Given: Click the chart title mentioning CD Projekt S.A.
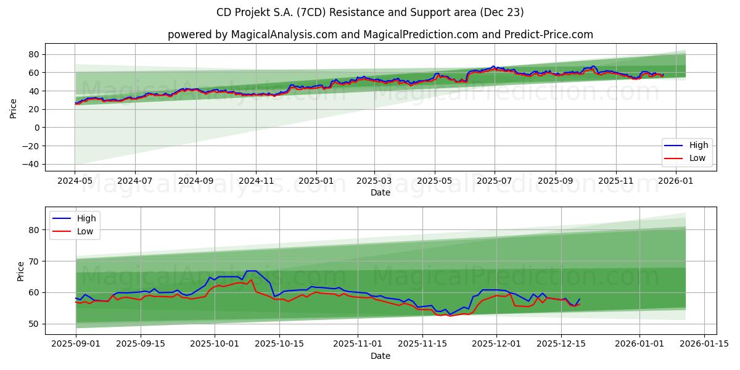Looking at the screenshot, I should (x=370, y=12).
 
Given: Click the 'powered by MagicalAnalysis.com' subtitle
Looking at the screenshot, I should (x=380, y=35).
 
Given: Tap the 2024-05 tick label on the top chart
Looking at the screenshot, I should (x=75, y=181).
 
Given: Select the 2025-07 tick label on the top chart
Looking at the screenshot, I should (x=494, y=181).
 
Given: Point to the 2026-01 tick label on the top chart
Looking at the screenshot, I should (x=676, y=181).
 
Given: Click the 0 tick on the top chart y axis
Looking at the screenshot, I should (x=36, y=128).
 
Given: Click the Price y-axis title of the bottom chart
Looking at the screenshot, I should (x=21, y=271).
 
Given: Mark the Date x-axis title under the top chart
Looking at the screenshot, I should (x=380, y=193).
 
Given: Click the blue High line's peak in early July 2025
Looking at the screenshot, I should (x=493, y=66).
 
